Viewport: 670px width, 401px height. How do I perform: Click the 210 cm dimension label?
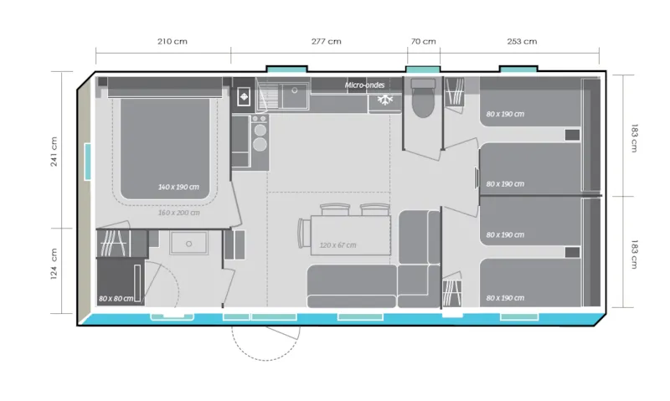pos(173,41)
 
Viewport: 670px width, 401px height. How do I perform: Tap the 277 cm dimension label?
pos(326,41)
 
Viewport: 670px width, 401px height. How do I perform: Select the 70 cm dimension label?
pos(424,41)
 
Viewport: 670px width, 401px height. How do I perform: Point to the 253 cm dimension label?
pos(522,41)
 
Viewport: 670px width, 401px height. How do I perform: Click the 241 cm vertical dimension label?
pos(54,151)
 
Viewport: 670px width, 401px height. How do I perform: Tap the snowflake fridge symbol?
pos(385,100)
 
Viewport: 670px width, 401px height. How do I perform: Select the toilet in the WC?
pos(421,100)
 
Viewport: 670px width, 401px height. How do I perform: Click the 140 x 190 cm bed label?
pos(178,187)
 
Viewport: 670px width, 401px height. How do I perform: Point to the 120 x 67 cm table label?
pos(338,245)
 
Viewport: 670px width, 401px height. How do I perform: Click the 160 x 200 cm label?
pos(178,213)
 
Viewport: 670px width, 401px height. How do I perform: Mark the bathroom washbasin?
pos(188,243)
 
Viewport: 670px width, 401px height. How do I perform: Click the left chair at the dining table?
pos(333,208)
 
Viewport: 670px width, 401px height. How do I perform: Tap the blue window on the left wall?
pos(88,161)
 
